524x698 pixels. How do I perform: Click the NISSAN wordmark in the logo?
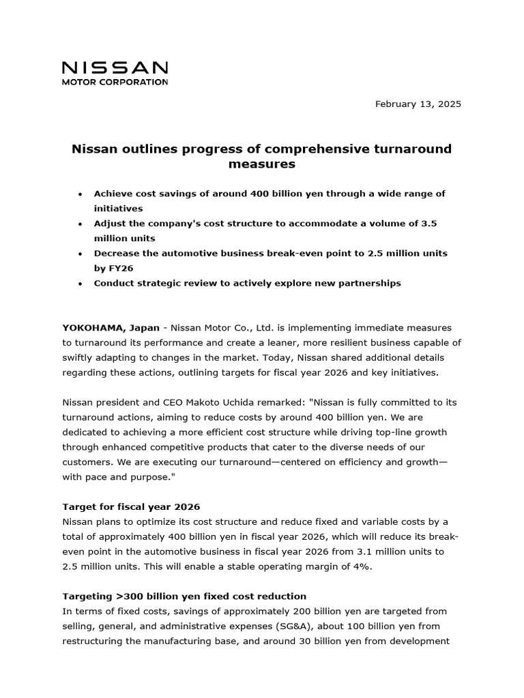click(x=115, y=67)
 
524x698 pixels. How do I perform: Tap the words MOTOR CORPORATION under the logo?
click(x=115, y=82)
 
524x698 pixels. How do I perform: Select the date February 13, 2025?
click(x=418, y=104)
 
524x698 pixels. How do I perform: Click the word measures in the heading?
click(x=261, y=164)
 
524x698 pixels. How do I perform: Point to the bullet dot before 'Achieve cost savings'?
click(x=81, y=194)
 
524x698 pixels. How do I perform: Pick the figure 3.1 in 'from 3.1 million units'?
click(x=365, y=551)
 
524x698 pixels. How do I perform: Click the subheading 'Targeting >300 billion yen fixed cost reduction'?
click(x=184, y=596)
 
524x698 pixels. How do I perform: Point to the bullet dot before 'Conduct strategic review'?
click(x=81, y=284)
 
